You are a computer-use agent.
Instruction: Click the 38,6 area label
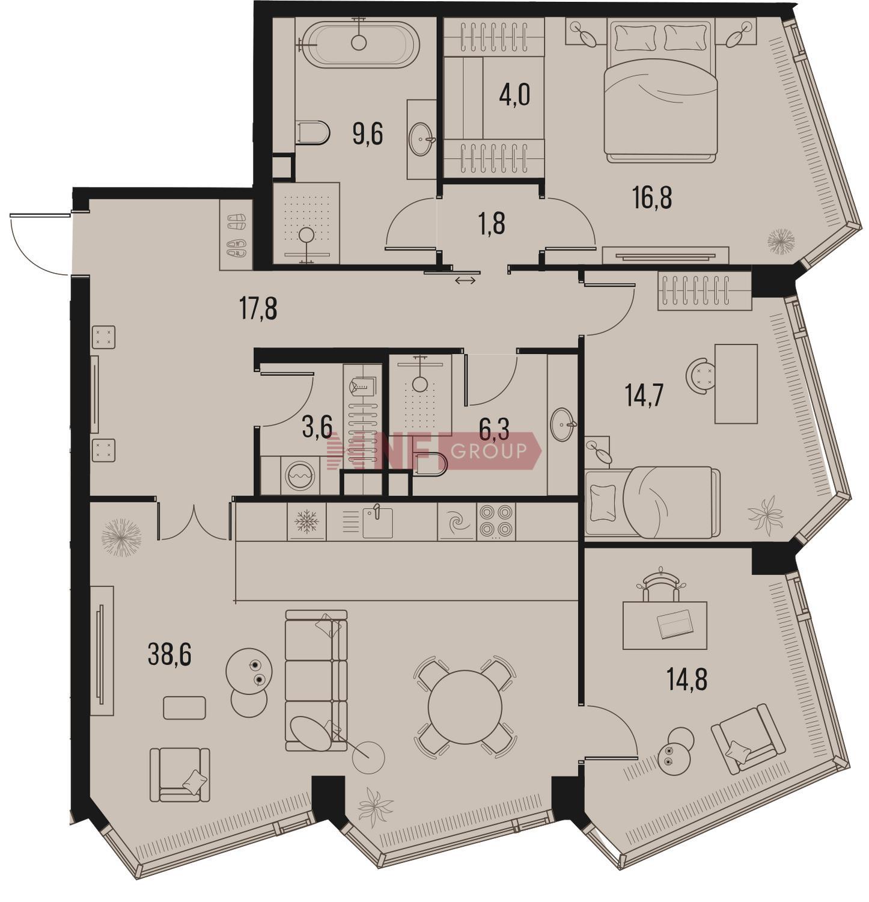[x=169, y=655]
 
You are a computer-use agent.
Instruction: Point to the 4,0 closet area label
[x=514, y=95]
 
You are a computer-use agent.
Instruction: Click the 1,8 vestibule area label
[x=492, y=224]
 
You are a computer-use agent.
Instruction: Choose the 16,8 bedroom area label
[x=652, y=197]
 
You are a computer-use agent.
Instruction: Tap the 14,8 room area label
[x=687, y=680]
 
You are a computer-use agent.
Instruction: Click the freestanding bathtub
[x=360, y=44]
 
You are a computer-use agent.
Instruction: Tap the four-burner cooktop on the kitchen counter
[x=496, y=521]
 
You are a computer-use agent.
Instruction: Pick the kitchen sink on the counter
[x=377, y=522]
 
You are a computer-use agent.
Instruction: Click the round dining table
[x=465, y=707]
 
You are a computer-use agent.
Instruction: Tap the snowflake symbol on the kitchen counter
[x=306, y=521]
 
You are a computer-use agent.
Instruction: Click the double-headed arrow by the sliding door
[x=465, y=280]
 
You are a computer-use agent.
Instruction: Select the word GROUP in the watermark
[x=489, y=450]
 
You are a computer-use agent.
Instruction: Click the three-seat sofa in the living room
[x=316, y=680]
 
